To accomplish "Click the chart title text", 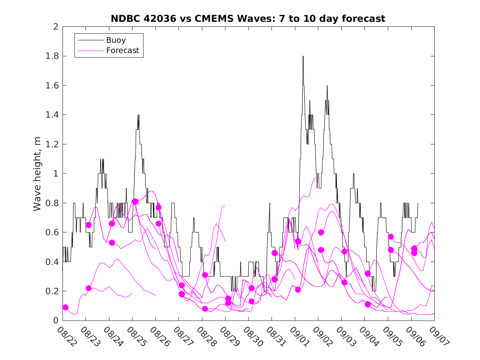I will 248,19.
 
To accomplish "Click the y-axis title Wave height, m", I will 37,173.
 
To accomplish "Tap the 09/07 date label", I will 433,336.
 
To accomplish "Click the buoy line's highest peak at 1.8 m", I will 303,56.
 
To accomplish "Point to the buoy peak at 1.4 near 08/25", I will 138,115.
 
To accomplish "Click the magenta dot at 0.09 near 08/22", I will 65,307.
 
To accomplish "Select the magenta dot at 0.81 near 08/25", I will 135,202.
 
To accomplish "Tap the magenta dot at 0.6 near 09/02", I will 321,232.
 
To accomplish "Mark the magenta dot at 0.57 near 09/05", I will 391,237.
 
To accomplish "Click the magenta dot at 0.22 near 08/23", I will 88,288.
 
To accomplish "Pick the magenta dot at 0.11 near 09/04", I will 368,304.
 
